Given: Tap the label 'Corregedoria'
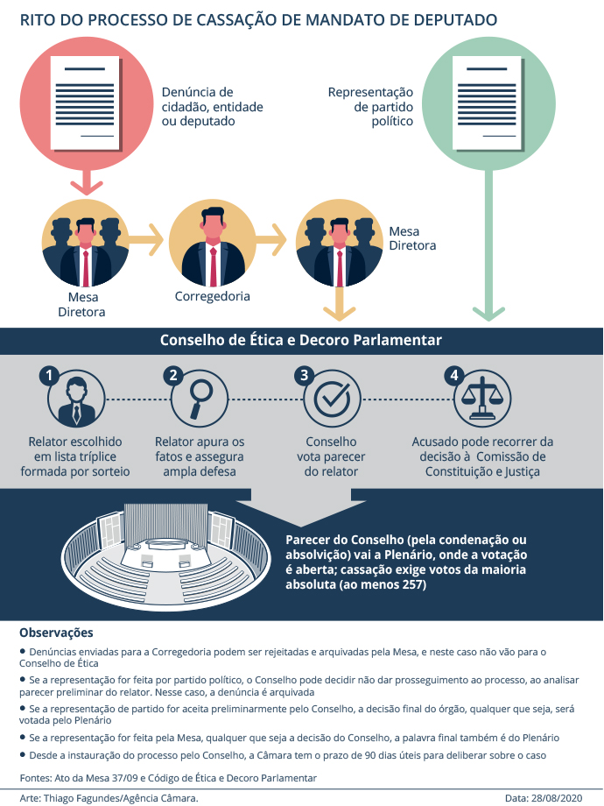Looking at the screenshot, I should pyautogui.click(x=212, y=296).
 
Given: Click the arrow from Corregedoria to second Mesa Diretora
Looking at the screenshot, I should pyautogui.click(x=275, y=236).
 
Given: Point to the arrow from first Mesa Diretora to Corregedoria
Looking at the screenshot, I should pyautogui.click(x=148, y=236).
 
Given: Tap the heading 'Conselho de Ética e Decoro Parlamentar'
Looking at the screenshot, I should pyautogui.click(x=300, y=340).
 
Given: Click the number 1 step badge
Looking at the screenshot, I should pyautogui.click(x=50, y=375).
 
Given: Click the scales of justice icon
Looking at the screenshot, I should pyautogui.click(x=481, y=399).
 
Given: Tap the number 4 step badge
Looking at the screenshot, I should pyautogui.click(x=453, y=375).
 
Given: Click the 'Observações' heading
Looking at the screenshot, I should pyautogui.click(x=56, y=633).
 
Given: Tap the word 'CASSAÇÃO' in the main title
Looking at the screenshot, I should pyautogui.click(x=204, y=19).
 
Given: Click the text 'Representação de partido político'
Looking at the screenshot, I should pyautogui.click(x=369, y=106).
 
